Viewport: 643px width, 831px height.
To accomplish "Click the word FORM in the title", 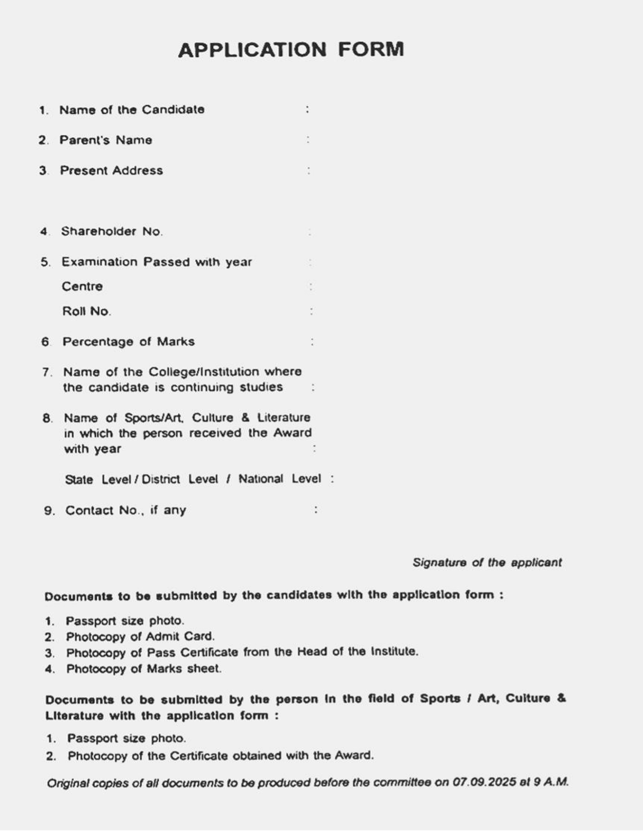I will (371, 50).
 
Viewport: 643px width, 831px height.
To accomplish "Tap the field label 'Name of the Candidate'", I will (132, 110).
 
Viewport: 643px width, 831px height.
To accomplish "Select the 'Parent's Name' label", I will (106, 140).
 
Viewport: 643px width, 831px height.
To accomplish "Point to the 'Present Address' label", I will (112, 170).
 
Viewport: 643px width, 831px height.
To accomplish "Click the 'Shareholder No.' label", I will (112, 231).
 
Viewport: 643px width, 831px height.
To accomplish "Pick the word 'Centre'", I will (82, 287).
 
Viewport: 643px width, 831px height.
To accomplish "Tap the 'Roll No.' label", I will (87, 312).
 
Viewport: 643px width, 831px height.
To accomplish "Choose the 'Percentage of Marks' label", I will (129, 342).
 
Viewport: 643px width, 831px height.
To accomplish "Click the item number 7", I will (46, 372).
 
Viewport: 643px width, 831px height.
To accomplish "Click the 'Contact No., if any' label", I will (126, 510).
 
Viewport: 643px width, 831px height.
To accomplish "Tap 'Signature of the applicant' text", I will (487, 562).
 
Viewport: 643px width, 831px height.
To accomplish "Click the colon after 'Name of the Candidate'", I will (307, 110).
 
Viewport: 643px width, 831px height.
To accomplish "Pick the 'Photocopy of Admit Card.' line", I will (140, 637).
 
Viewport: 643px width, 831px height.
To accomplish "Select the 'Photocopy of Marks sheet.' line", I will (144, 669).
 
